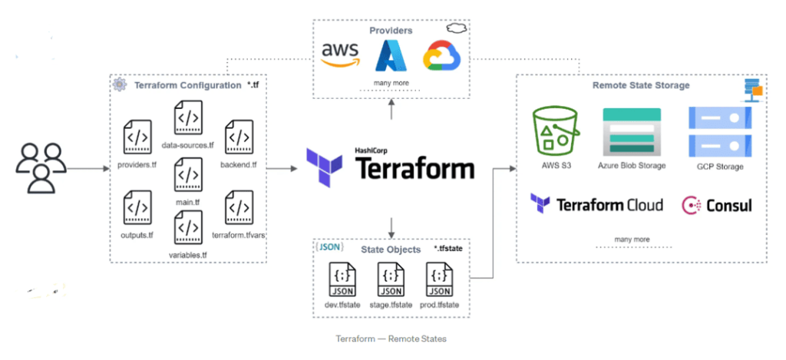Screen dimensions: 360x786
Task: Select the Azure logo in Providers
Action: [390, 56]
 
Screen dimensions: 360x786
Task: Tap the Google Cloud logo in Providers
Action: [438, 56]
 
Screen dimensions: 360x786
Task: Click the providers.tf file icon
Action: [137, 139]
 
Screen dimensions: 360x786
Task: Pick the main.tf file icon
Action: [188, 174]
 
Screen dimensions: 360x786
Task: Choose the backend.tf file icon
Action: [239, 139]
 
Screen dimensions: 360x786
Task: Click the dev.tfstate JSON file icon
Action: [342, 280]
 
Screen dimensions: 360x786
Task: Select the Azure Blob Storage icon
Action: [630, 132]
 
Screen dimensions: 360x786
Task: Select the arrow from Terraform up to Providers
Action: [392, 111]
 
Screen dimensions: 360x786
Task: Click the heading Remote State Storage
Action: [641, 86]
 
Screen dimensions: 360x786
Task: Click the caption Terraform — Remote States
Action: [391, 339]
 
